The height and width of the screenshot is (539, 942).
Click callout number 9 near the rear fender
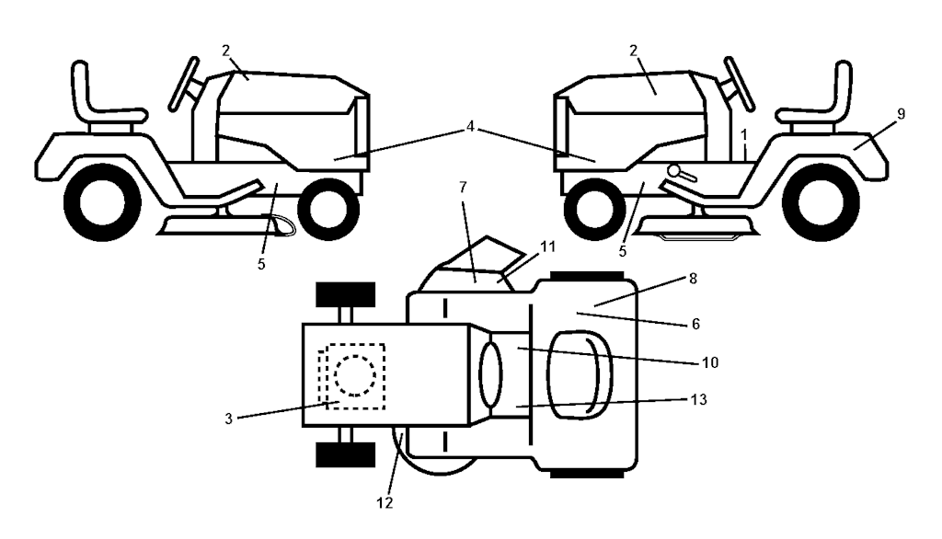click(x=901, y=113)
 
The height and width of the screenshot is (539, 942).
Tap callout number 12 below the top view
click(x=385, y=503)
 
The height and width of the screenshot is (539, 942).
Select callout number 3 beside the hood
click(x=228, y=419)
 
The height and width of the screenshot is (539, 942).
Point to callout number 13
click(x=699, y=399)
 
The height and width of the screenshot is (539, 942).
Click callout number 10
click(x=710, y=362)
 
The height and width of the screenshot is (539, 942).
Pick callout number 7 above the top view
click(x=463, y=188)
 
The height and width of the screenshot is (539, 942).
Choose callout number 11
click(x=548, y=247)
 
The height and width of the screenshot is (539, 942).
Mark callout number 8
click(x=693, y=279)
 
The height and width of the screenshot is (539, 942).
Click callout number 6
click(x=695, y=324)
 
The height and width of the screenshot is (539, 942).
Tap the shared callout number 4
click(x=470, y=126)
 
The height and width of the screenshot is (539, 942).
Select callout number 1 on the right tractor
click(x=744, y=135)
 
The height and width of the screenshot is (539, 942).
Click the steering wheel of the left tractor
click(x=184, y=84)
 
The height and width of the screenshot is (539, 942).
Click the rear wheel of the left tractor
click(x=102, y=203)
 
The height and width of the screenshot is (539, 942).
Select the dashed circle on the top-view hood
click(x=355, y=375)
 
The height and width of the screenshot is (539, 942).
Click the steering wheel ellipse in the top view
click(x=491, y=372)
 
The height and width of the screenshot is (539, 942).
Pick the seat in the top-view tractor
click(x=580, y=373)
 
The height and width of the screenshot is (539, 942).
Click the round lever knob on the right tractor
click(x=674, y=171)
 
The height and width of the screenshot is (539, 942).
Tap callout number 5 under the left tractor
click(x=261, y=264)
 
